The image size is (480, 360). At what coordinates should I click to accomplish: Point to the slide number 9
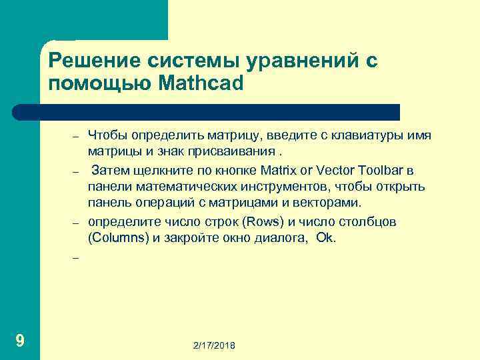click(x=20, y=341)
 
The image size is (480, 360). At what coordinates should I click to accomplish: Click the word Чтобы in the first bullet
click(x=107, y=136)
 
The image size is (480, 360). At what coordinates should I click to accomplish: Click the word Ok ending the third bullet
click(x=326, y=237)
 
